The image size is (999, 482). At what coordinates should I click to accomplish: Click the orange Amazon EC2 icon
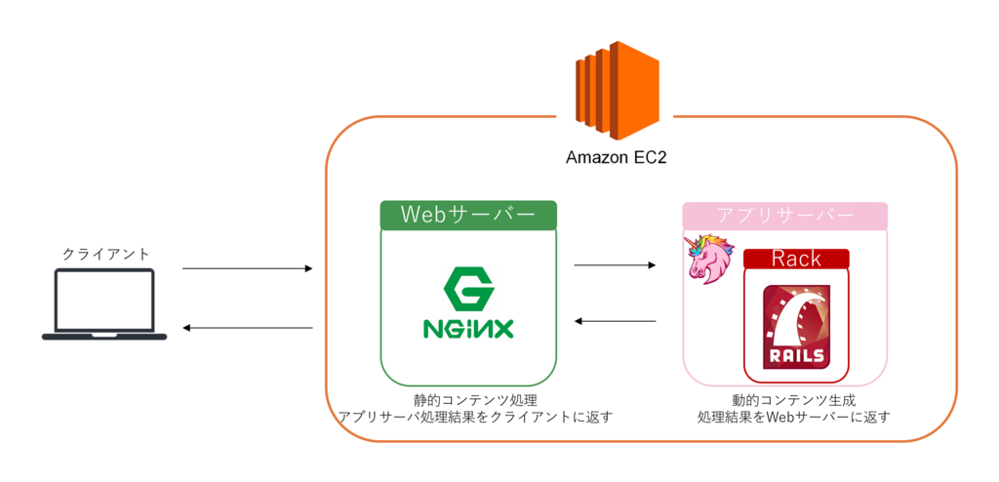[x=617, y=90]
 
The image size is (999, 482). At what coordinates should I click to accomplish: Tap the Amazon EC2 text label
[x=617, y=157]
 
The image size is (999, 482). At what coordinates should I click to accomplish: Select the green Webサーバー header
[x=468, y=216]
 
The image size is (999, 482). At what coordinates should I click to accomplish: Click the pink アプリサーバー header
[x=785, y=216]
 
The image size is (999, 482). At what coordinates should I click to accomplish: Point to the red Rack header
[x=796, y=259]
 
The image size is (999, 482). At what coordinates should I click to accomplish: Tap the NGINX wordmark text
[x=468, y=329]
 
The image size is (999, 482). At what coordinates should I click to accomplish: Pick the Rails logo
[x=797, y=327]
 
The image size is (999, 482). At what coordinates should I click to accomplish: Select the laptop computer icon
[x=104, y=304]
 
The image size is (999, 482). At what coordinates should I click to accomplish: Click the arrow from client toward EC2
[x=247, y=269]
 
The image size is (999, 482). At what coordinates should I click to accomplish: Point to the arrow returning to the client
[x=247, y=329]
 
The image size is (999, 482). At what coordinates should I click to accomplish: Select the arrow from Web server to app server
[x=616, y=264]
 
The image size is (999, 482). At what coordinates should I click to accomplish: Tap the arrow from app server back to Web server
[x=616, y=321]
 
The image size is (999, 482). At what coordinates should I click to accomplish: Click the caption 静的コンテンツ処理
[x=476, y=401]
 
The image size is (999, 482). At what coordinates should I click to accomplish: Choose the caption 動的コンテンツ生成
[x=793, y=401]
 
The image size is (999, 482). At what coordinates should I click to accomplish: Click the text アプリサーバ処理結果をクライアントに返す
[x=476, y=419]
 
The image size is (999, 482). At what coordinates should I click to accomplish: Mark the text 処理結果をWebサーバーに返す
[x=793, y=419]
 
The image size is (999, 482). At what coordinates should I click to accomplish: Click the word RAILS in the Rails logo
[x=796, y=355]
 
